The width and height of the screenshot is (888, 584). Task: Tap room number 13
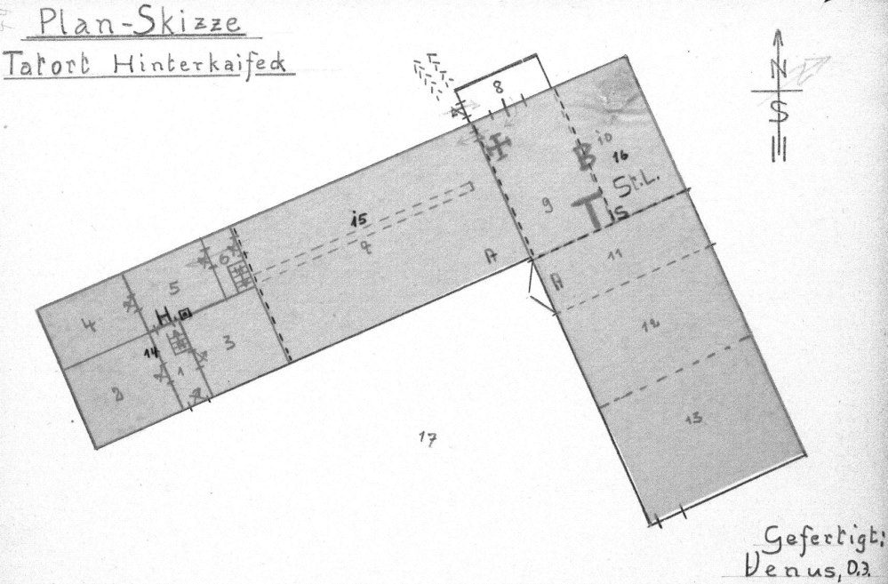(x=695, y=420)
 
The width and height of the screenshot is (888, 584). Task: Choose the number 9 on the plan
(x=548, y=207)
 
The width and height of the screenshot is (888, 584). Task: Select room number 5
(x=175, y=286)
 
